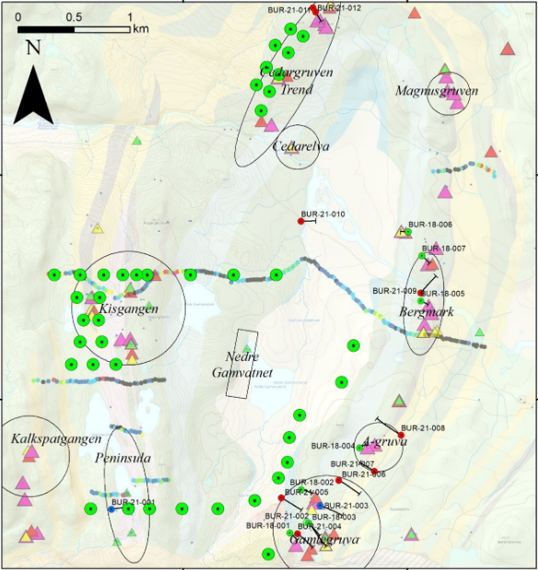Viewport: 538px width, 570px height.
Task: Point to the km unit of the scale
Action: tap(140, 29)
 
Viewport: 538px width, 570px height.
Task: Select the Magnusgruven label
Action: tap(436, 90)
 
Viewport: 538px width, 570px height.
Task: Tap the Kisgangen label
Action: tap(129, 308)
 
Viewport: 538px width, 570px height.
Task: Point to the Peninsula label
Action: tap(123, 458)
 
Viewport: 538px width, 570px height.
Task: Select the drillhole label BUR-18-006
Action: tap(430, 225)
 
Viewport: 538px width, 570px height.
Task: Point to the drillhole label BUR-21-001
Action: tap(133, 502)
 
